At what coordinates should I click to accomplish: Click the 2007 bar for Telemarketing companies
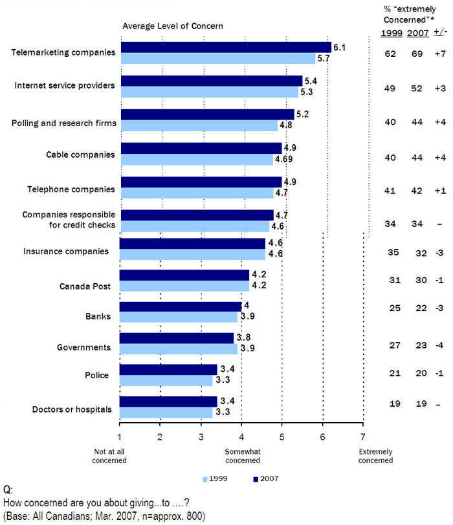pyautogui.click(x=225, y=47)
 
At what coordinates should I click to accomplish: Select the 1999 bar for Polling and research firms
pyautogui.click(x=199, y=125)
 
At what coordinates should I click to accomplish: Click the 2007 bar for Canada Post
pyautogui.click(x=184, y=275)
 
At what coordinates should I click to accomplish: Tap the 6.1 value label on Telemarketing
pyautogui.click(x=338, y=47)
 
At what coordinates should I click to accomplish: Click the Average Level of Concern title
pyautogui.click(x=173, y=27)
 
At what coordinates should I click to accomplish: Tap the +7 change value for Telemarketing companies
pyautogui.click(x=439, y=53)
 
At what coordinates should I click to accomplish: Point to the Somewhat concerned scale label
pyautogui.click(x=242, y=456)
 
